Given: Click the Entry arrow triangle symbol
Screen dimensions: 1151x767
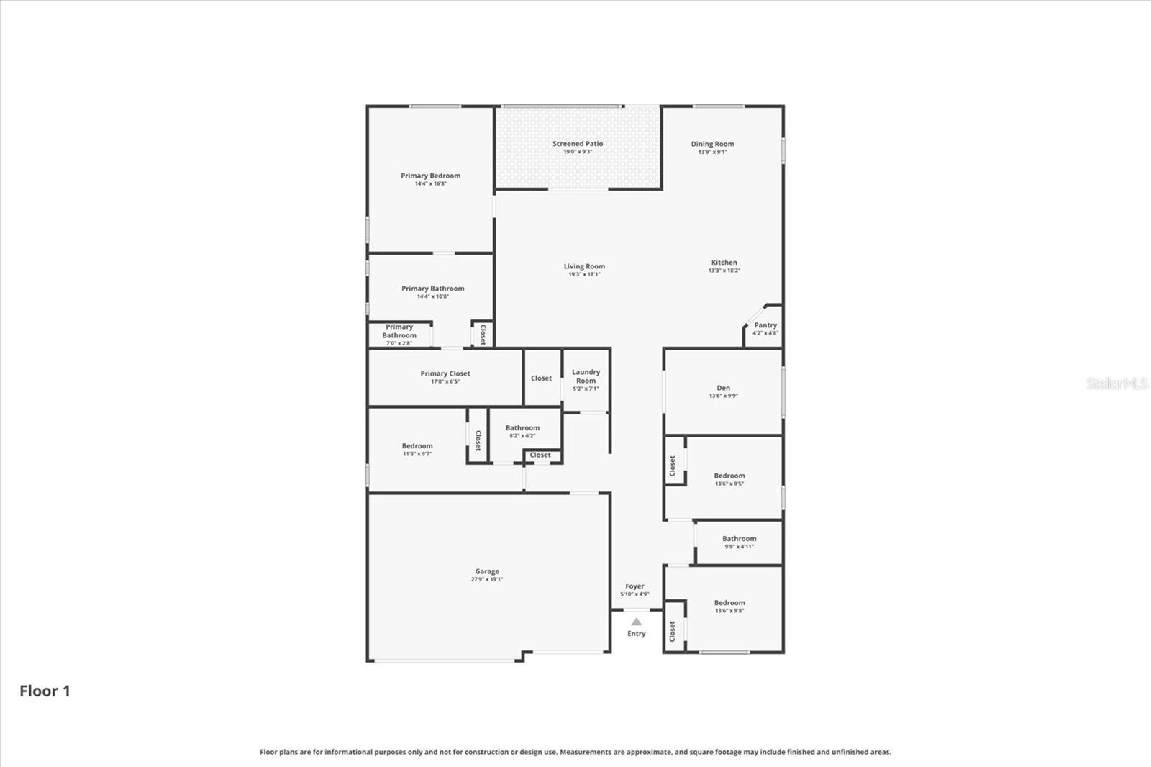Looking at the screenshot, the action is click(636, 622).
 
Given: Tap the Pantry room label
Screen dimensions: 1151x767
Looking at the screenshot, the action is click(765, 325).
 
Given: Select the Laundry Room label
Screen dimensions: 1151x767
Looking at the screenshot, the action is click(586, 376).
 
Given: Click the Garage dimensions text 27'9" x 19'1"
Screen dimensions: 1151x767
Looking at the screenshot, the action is click(486, 579).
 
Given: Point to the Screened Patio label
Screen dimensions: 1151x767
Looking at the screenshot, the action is click(578, 143).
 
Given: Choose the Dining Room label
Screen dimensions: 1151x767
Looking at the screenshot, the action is click(712, 144).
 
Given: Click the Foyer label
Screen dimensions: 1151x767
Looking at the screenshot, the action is click(634, 586).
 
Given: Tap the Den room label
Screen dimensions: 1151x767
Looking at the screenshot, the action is click(723, 388).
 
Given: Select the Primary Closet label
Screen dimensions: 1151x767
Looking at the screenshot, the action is click(445, 373).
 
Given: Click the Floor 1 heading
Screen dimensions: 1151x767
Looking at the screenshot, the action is click(45, 691).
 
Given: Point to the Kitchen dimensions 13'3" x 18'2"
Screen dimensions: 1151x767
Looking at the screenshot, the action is click(724, 271).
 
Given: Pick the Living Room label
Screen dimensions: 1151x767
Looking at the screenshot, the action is click(584, 266).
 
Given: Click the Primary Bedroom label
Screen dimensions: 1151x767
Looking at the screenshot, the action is click(431, 176).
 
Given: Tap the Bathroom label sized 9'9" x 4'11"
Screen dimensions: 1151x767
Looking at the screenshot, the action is click(739, 539).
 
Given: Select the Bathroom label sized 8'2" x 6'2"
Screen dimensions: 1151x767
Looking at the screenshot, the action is click(522, 427).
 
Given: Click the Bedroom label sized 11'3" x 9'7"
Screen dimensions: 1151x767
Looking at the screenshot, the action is click(417, 445).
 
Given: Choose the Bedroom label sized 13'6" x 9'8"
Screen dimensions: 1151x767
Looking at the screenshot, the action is click(729, 602).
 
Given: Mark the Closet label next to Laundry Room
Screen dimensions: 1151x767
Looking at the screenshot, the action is click(541, 378).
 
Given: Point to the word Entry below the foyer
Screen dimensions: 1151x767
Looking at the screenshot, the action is click(636, 633).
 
